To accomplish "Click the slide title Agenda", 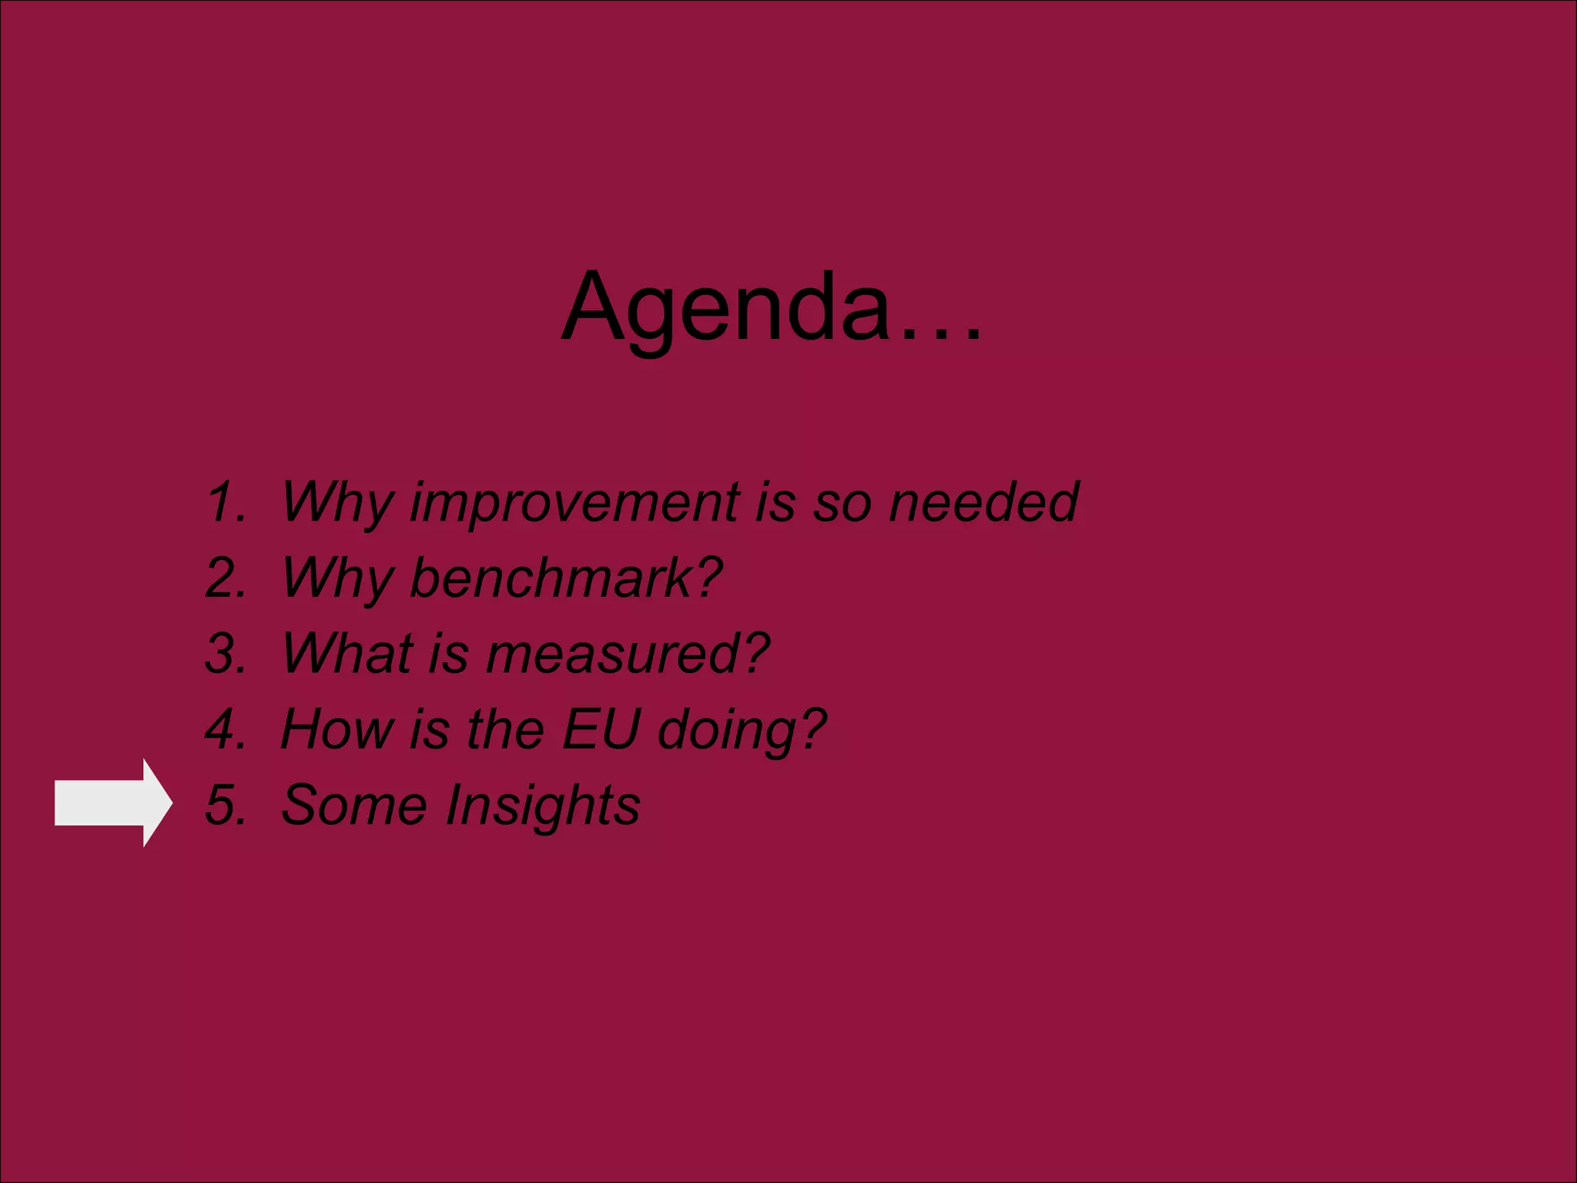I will coord(728,308).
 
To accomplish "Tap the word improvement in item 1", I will coord(574,502).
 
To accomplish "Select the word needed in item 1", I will coord(983,502).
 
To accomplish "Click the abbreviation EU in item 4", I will coord(601,729).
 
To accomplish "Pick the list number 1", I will coord(226,502).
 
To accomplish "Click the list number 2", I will coord(226,578).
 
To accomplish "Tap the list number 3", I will coord(226,653).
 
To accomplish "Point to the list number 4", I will coord(226,729).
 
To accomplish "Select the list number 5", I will coord(226,805).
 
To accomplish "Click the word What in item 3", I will coord(347,653).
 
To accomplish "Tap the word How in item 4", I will coord(336,729).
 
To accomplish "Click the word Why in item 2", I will coord(337,578).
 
